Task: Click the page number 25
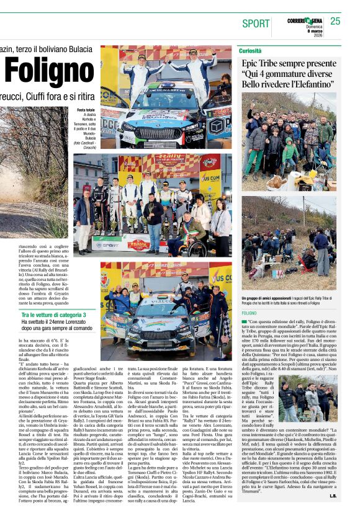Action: (335, 21)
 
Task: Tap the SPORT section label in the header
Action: (256, 24)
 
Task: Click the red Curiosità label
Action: (251, 50)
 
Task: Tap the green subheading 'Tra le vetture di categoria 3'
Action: (55, 315)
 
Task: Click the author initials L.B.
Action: (333, 513)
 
